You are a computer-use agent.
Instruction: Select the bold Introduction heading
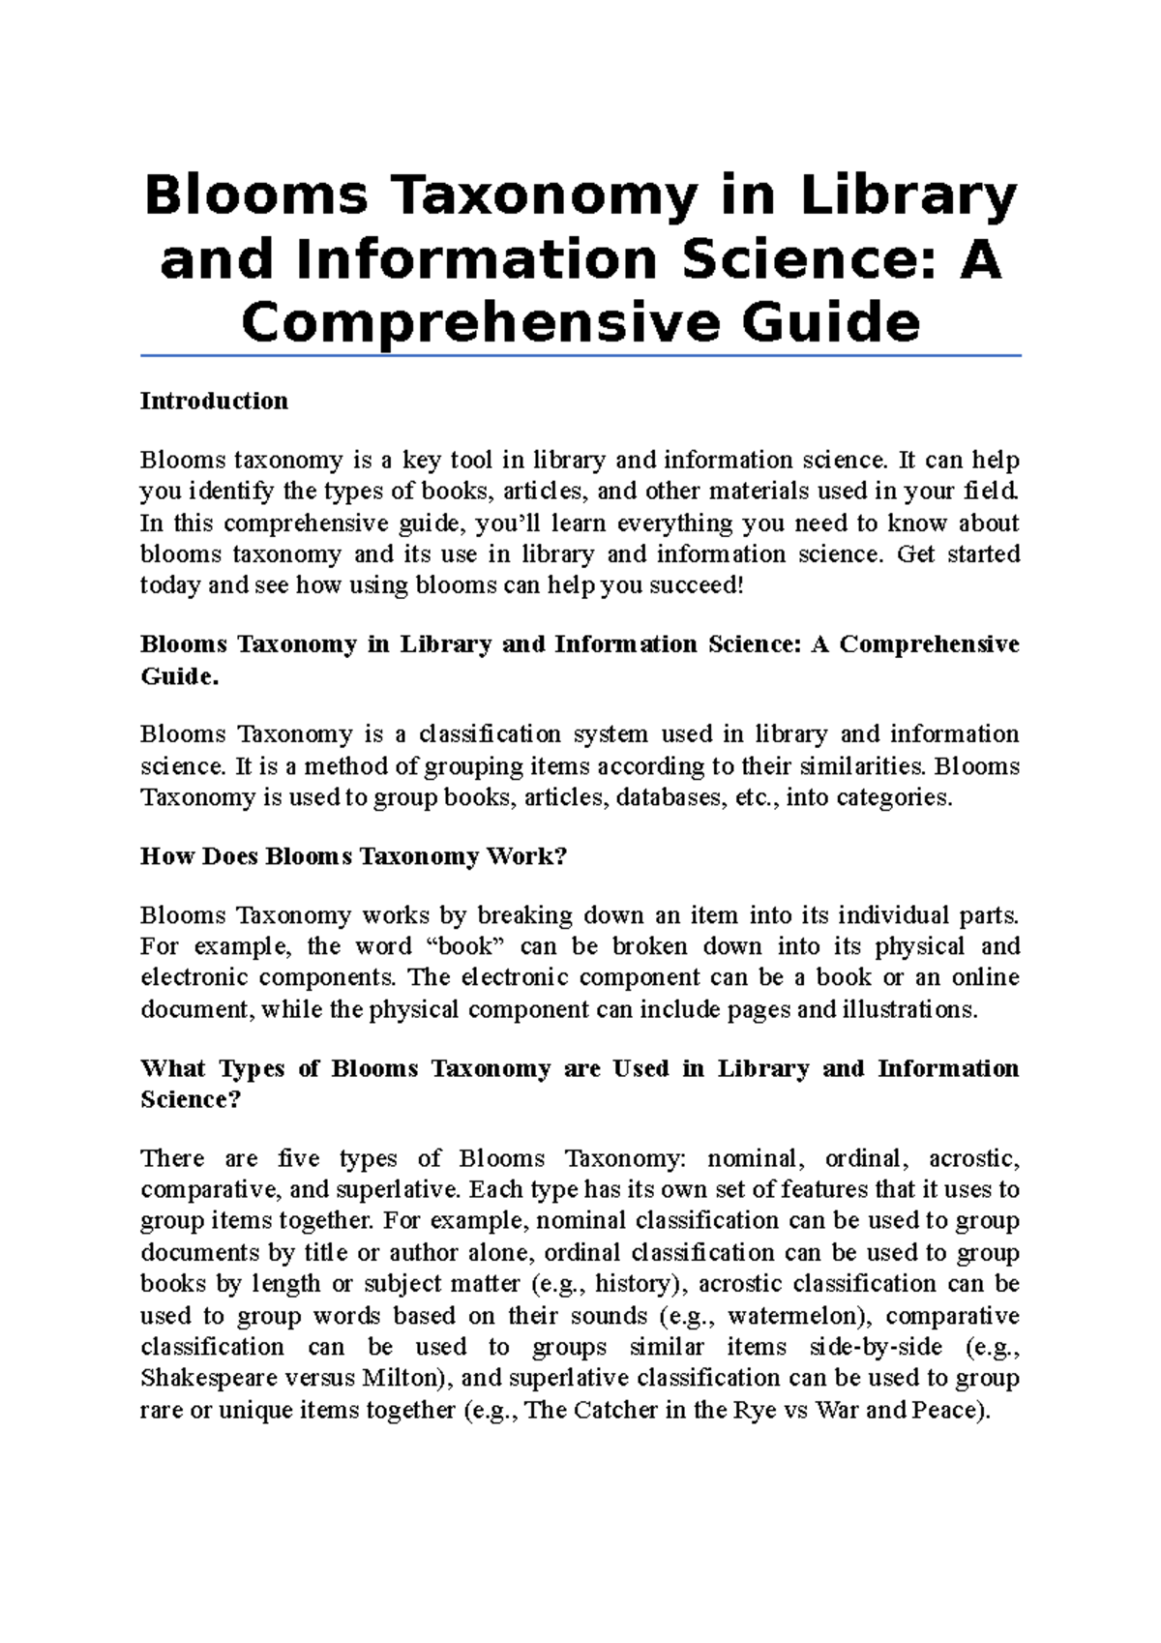coord(214,402)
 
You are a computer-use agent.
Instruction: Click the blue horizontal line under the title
coord(580,356)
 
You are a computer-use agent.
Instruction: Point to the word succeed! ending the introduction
coord(698,586)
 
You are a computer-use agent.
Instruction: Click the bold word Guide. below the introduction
coord(180,676)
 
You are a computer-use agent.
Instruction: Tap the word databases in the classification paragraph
coord(668,798)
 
